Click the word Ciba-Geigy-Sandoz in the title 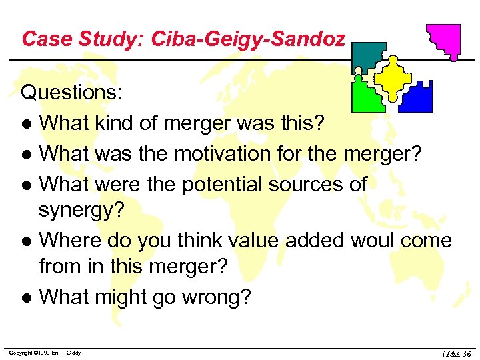tap(248, 39)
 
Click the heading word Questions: tap(71, 92)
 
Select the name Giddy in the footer tap(72, 353)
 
